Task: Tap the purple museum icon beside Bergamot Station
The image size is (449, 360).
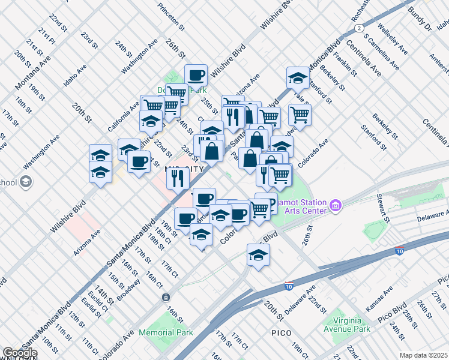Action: pyautogui.click(x=335, y=207)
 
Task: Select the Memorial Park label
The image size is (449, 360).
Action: pyautogui.click(x=166, y=332)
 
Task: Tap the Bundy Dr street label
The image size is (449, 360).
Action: pyautogui.click(x=420, y=17)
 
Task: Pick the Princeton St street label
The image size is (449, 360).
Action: pyautogui.click(x=171, y=16)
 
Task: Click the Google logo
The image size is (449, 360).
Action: pyautogui.click(x=20, y=353)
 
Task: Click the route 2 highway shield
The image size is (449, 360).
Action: pyautogui.click(x=358, y=28)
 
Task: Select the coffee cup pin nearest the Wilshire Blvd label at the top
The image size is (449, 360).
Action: pyautogui.click(x=196, y=76)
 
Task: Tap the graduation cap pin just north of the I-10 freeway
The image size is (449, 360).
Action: pyautogui.click(x=258, y=255)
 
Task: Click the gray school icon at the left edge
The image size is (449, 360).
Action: pyautogui.click(x=26, y=181)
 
